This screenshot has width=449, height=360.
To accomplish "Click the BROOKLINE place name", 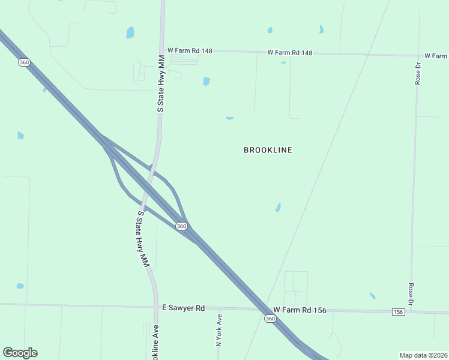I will click(268, 150).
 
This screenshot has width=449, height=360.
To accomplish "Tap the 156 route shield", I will click(398, 312).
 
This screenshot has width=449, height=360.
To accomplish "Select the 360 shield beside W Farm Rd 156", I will click(270, 319).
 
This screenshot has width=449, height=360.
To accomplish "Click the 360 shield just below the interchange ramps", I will click(181, 226).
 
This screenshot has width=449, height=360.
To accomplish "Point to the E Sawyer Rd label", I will click(184, 308).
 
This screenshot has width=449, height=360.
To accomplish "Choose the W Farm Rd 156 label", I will click(300, 310).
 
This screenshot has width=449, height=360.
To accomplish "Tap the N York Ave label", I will click(219, 331).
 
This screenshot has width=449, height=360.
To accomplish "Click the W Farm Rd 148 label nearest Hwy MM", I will click(190, 51).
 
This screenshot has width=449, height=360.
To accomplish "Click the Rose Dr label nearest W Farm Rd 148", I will click(418, 72).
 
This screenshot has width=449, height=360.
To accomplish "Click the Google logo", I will click(20, 353).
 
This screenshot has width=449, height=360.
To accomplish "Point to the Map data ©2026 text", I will click(424, 355).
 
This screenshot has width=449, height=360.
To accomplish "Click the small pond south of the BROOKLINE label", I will click(278, 208).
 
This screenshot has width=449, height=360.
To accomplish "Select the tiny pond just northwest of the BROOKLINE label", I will click(229, 118).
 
